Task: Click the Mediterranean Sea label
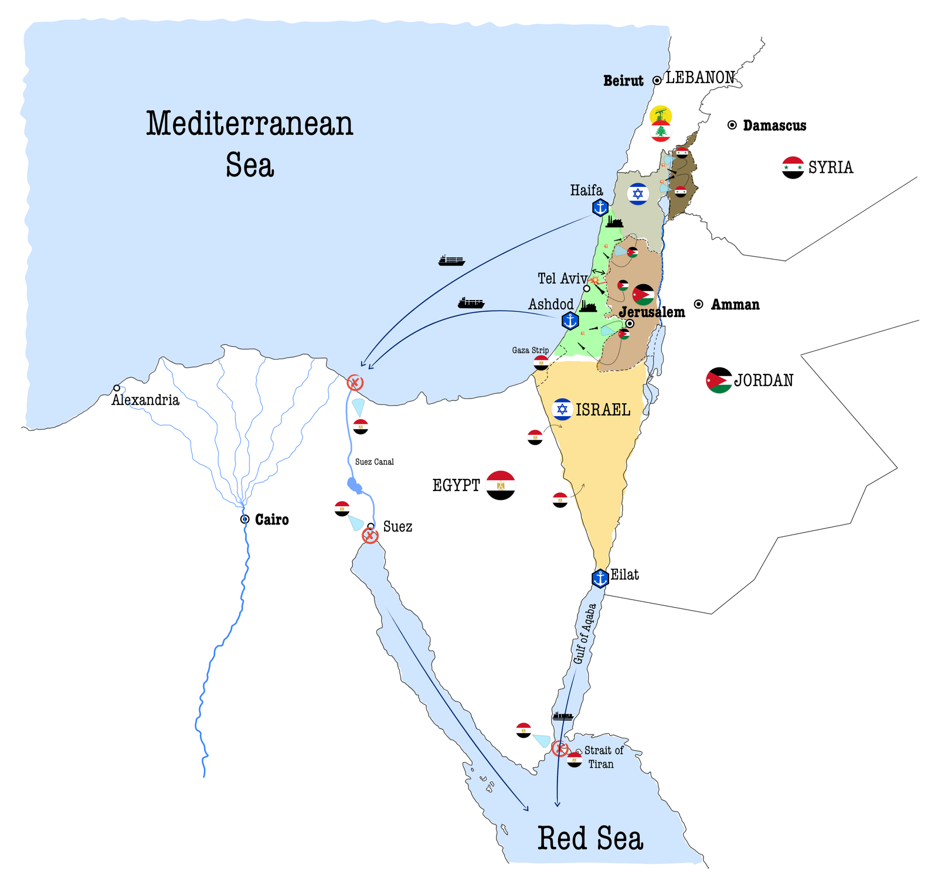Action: click(x=250, y=144)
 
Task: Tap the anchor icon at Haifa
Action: click(x=600, y=207)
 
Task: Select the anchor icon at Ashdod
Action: click(x=570, y=321)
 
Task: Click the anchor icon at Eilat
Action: click(x=600, y=578)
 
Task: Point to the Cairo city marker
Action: click(x=245, y=519)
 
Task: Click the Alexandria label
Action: click(x=145, y=400)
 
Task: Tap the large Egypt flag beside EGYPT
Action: click(x=501, y=485)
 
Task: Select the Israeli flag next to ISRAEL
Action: click(x=562, y=409)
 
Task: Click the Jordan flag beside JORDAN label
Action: click(x=719, y=380)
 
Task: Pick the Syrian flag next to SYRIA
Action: click(x=793, y=168)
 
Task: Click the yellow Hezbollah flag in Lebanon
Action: click(x=661, y=115)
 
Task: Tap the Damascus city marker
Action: click(x=732, y=125)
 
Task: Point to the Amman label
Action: click(x=735, y=305)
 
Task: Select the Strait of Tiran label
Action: click(x=603, y=757)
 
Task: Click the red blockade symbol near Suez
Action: click(x=370, y=536)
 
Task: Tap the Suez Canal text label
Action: click(x=374, y=462)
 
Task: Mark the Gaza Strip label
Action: click(x=530, y=350)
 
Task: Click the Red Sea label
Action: click(x=590, y=839)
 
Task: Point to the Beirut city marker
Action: click(x=657, y=80)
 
